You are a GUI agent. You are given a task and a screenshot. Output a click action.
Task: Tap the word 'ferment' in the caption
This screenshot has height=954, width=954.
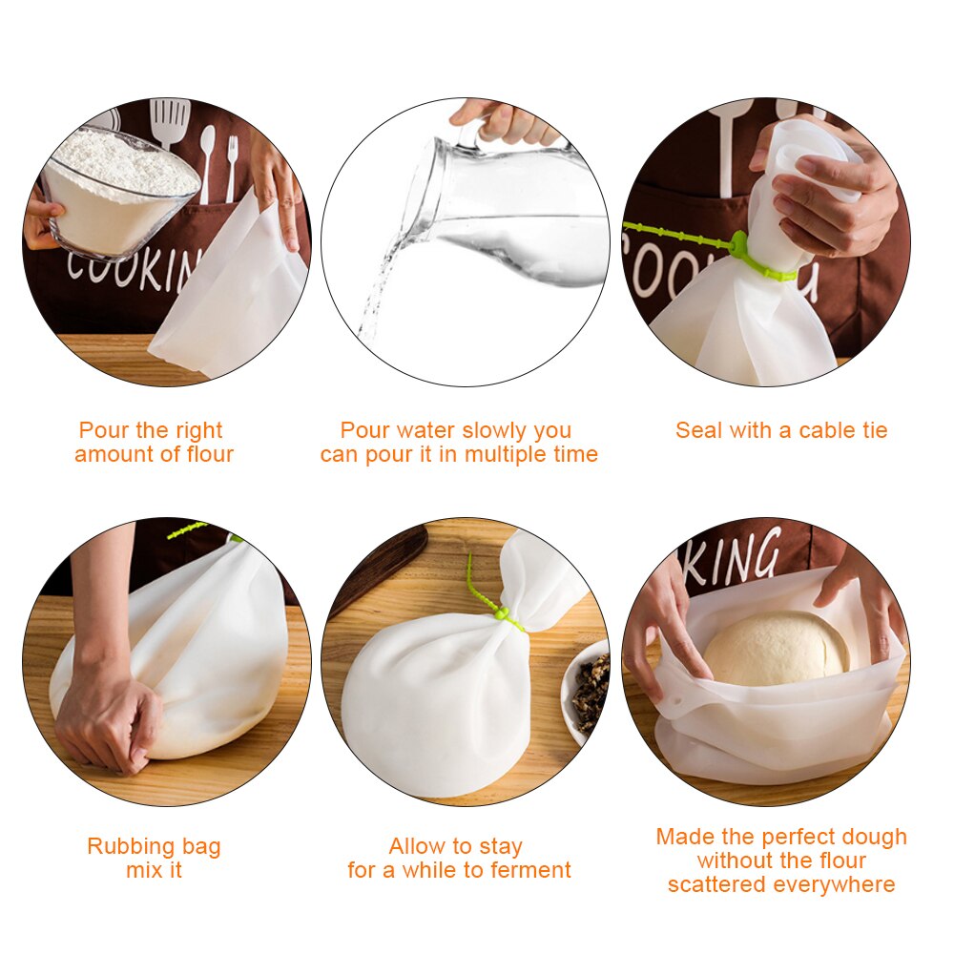click(530, 870)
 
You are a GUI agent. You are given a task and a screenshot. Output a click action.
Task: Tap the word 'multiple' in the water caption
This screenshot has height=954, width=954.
click(507, 455)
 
